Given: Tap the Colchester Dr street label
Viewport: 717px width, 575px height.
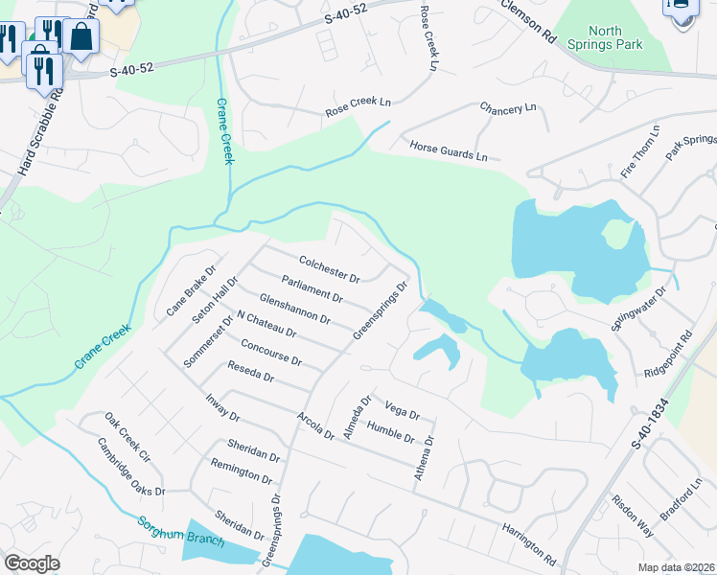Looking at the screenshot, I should pos(329,268).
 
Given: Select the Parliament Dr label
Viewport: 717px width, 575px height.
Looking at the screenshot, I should pos(312,288).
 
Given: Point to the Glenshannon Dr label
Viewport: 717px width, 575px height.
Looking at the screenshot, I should pos(294,308).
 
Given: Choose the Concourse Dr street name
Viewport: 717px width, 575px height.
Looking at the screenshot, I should pos(271,354).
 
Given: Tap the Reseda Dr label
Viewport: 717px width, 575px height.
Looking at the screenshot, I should pos(250,372).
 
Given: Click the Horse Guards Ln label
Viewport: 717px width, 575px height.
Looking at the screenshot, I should pos(449,150).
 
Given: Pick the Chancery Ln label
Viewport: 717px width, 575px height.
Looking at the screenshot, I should pos(508,108).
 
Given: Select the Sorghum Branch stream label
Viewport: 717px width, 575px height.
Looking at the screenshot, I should pos(180,532).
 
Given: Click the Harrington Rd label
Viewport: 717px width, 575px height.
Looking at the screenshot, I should pos(528,542).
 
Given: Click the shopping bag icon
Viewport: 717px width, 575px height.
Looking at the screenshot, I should pos(82,36).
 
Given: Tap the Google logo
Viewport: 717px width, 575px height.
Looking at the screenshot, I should pos(33,563).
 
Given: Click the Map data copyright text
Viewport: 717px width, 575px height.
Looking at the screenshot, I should pos(677,567).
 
